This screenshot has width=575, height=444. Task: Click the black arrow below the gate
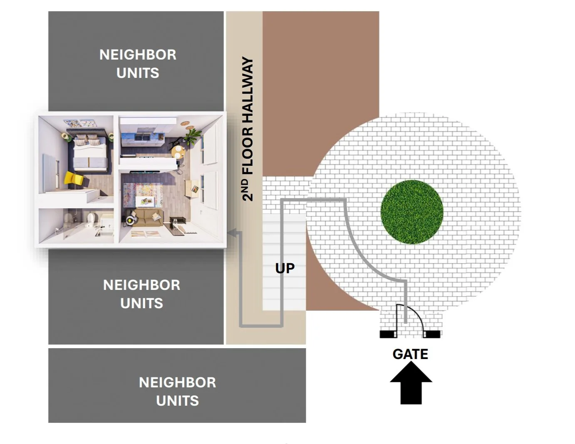coord(411,384)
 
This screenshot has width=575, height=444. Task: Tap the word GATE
coord(410,354)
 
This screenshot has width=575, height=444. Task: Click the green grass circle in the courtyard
coord(411,212)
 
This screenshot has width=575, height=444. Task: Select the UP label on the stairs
coord(285,268)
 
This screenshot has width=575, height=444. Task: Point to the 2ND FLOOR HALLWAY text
coord(248,129)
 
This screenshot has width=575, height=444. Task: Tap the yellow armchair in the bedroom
coord(74,178)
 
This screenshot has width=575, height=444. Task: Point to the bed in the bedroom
coord(90,154)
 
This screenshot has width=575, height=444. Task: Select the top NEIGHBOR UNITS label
coord(138,64)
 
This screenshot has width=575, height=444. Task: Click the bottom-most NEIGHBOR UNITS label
coord(177,391)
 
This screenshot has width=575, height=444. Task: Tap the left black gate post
coord(388,334)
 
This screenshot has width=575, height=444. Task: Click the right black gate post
coord(432,334)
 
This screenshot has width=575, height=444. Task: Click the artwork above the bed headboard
coord(79,124)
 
